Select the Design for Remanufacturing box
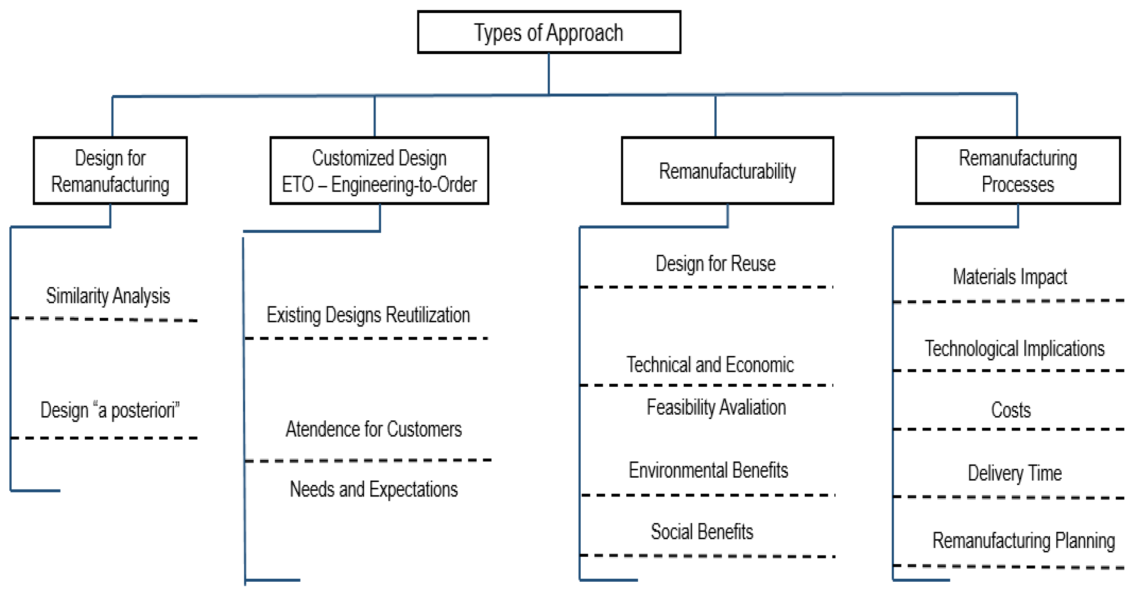click(x=110, y=170)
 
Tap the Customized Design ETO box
click(x=379, y=170)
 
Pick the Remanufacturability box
click(x=727, y=170)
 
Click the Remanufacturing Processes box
click(x=1018, y=170)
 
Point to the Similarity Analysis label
click(x=108, y=296)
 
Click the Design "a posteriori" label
click(x=110, y=410)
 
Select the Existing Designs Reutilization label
click(x=368, y=315)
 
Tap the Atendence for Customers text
click(x=373, y=429)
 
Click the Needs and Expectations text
click(x=373, y=489)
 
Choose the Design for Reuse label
click(x=716, y=263)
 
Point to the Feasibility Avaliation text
click(x=716, y=407)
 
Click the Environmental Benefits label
click(x=708, y=470)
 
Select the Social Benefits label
click(x=702, y=532)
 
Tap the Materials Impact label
click(x=1010, y=277)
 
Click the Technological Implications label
click(x=1014, y=348)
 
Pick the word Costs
click(x=1011, y=410)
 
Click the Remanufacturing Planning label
click(x=1024, y=540)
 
